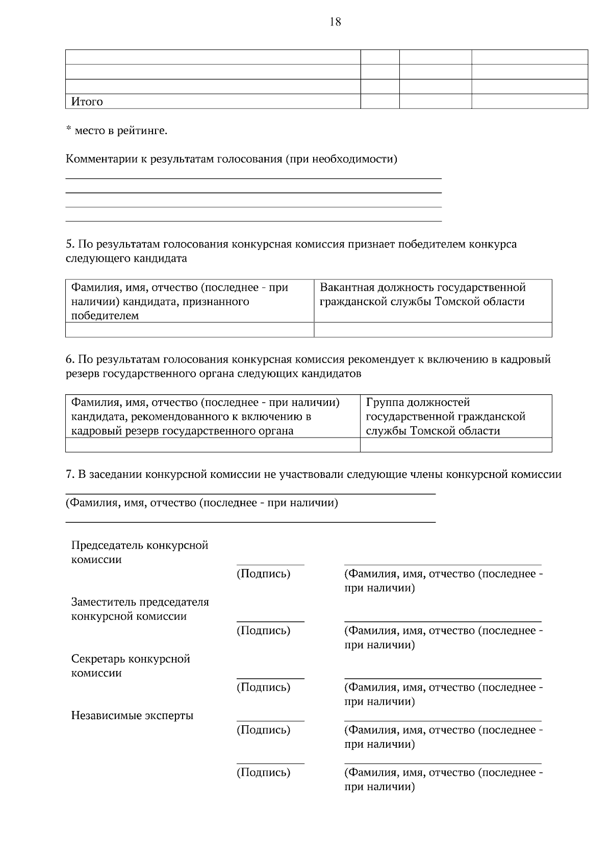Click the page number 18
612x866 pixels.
click(335, 22)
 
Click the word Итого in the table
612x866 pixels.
click(87, 101)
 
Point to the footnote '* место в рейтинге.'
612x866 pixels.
click(116, 131)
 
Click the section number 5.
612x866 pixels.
click(70, 244)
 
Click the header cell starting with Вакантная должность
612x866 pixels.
click(432, 294)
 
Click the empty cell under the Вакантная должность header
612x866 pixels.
click(432, 330)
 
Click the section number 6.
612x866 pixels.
click(70, 360)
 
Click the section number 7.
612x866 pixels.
click(70, 475)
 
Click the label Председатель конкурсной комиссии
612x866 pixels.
click(139, 552)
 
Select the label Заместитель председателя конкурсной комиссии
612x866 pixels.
click(140, 609)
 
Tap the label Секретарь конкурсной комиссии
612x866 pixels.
click(131, 666)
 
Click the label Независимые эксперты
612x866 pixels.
click(132, 716)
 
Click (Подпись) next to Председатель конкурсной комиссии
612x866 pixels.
click(263, 574)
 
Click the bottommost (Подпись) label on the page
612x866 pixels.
click(263, 772)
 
